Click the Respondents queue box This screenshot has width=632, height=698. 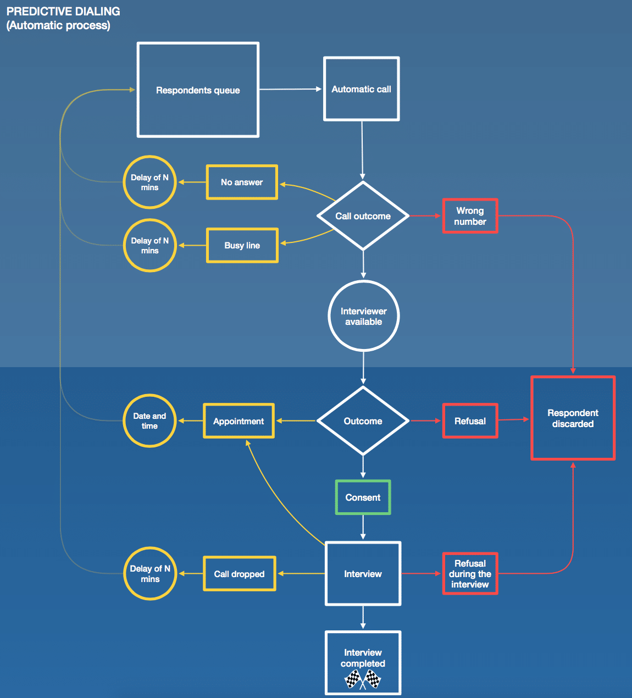[198, 90]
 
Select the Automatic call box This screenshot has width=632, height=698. [361, 89]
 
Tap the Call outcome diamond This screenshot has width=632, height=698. [363, 216]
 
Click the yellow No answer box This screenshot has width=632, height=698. [242, 182]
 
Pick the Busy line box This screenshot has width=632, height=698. [242, 245]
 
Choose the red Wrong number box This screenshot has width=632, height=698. [470, 216]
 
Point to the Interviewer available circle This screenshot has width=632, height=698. [363, 316]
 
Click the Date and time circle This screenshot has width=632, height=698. [149, 421]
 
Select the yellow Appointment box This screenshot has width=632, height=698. [239, 421]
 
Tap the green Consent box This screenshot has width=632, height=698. [363, 497]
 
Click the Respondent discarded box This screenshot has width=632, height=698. [573, 418]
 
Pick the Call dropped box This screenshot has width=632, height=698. [239, 574]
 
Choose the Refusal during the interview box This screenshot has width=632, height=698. [470, 574]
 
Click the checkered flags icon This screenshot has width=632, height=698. [363, 679]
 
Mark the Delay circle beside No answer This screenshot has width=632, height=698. [149, 182]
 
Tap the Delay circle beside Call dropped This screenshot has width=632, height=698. [150, 574]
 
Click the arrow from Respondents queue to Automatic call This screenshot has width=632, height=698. [290, 89]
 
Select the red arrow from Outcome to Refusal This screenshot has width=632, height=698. [425, 421]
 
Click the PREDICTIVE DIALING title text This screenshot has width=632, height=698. [63, 12]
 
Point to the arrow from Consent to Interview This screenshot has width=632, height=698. [363, 528]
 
